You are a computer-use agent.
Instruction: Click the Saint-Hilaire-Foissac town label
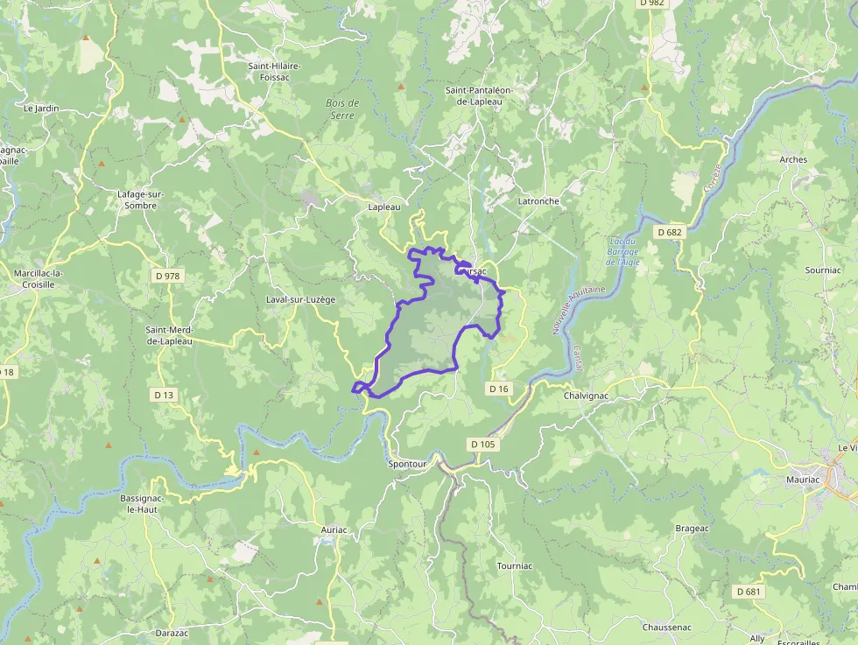tap(275, 71)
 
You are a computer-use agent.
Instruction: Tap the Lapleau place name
tap(384, 207)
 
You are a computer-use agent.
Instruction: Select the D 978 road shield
tap(166, 277)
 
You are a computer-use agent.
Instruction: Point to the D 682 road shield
tap(668, 232)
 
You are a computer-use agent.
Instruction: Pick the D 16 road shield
tap(498, 388)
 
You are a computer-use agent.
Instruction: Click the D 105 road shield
tap(482, 445)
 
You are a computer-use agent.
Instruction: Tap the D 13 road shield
tap(164, 395)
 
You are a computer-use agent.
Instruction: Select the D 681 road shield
tap(749, 592)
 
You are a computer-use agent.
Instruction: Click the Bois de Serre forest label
tap(343, 109)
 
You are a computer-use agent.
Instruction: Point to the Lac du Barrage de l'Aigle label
tap(622, 251)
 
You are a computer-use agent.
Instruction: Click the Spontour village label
tap(407, 464)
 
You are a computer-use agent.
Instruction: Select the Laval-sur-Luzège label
tap(301, 299)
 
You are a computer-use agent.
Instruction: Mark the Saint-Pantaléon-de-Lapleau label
tap(478, 95)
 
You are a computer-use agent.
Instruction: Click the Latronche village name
tap(538, 200)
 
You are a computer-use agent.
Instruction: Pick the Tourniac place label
tap(514, 566)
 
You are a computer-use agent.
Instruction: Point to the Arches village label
tap(793, 160)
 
